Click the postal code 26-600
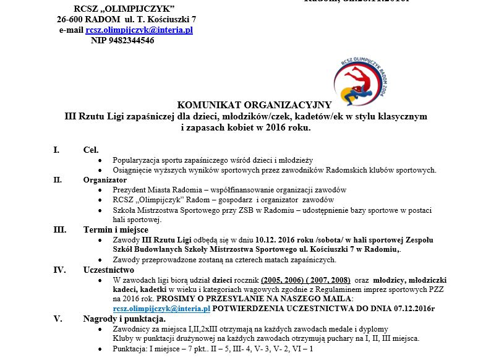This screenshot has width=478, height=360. [72, 19]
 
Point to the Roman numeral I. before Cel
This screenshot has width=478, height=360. [56, 150]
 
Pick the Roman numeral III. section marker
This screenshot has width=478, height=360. [60, 229]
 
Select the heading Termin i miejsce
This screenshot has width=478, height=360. [116, 229]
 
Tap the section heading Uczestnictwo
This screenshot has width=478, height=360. [109, 270]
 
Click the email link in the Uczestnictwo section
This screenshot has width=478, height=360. [161, 308]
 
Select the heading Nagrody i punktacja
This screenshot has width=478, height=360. [124, 319]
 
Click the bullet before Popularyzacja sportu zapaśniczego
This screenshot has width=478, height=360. [100, 160]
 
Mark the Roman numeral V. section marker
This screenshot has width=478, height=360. [58, 319]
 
